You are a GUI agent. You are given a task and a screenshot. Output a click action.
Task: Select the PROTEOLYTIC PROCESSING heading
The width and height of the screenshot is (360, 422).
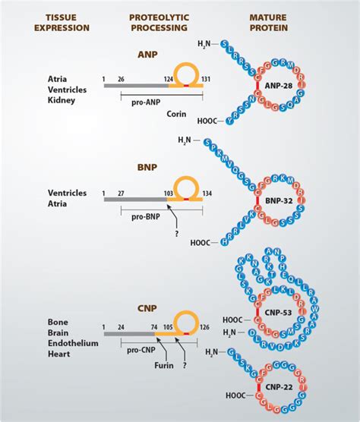coord(159,22)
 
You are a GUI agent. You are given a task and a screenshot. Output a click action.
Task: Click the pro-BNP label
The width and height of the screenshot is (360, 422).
coord(147,216)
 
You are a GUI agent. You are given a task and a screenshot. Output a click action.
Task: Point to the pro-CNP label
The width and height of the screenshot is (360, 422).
coord(142,343)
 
